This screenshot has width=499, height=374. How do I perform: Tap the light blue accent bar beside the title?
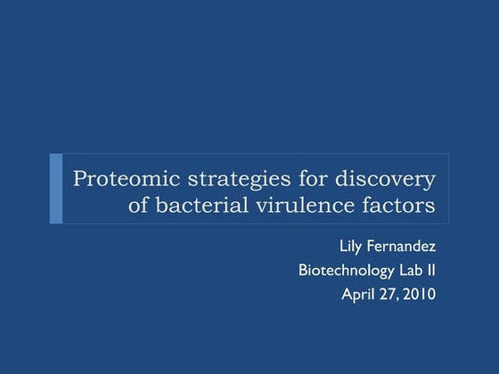coord(56,188)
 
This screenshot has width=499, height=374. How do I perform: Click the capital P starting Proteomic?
coord(79,178)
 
